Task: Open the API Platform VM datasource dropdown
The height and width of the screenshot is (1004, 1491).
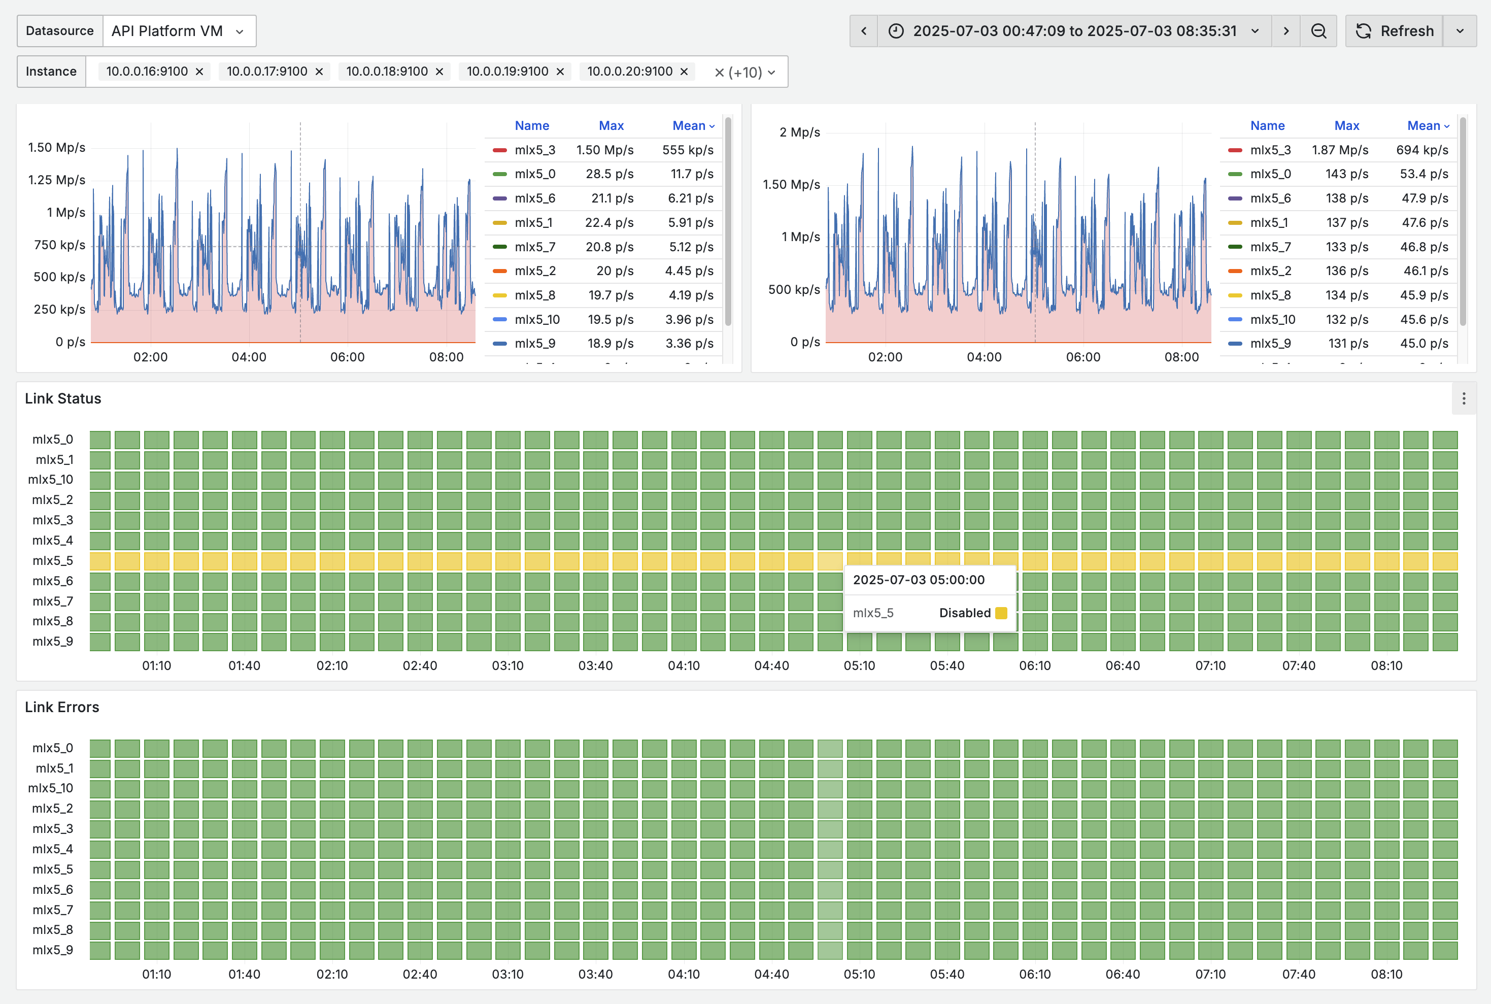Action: pos(179,31)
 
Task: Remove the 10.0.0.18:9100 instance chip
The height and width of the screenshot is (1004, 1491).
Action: pos(439,72)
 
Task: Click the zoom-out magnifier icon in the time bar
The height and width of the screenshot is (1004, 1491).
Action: pos(1318,31)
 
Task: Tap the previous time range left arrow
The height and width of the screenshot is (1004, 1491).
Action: pos(864,31)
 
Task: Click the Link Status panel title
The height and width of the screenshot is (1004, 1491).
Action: pos(63,398)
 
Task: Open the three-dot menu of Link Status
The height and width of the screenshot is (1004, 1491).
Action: pos(1464,398)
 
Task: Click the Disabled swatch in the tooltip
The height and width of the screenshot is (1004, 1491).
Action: pos(1001,613)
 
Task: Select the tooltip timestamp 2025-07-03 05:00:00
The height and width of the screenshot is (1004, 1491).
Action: pos(919,580)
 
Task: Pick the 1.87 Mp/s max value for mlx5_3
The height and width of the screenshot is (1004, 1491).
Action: pos(1340,150)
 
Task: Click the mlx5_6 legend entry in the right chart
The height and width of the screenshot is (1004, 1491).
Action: pos(1270,198)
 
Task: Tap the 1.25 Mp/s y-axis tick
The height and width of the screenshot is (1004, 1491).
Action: pos(56,180)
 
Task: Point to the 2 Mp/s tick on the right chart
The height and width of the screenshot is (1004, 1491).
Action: pos(800,132)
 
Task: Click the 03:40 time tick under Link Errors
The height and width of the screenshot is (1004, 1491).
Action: pos(595,974)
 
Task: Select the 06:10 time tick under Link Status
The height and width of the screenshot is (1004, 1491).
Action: pos(1035,665)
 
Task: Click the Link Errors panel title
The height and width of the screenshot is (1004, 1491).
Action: pos(62,707)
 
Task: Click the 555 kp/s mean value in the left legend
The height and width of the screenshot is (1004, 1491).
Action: pos(688,150)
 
